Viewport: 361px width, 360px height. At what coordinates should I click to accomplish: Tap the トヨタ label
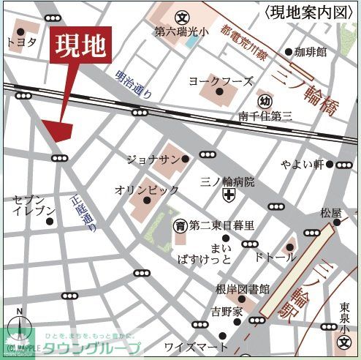pos(21,42)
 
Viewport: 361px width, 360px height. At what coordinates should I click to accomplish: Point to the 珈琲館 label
pos(309,52)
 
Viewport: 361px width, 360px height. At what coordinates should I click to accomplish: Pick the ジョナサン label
pos(152,158)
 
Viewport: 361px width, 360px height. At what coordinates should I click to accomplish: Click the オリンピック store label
pos(146,190)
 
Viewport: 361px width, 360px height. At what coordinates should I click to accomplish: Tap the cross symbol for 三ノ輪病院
pos(228,195)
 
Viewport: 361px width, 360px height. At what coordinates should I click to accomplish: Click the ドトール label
pos(275,257)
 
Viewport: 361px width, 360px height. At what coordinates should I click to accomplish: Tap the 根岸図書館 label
pos(243,289)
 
